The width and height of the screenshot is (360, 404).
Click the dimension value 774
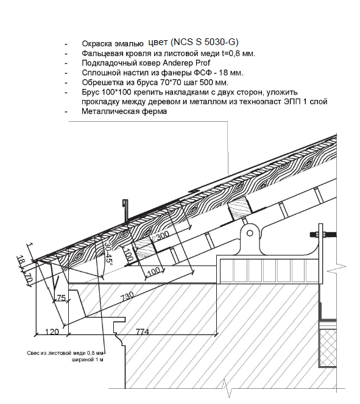(x=143, y=331)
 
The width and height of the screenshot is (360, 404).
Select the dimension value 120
(x=52, y=331)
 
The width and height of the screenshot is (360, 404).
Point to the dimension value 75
(x=61, y=298)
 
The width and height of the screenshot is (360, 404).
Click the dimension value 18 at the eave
(x=21, y=260)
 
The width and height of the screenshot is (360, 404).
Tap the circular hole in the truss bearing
(x=250, y=233)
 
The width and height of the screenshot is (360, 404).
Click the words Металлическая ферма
(x=124, y=112)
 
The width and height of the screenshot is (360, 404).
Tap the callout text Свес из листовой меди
(x=65, y=353)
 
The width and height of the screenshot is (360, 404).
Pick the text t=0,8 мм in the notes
(x=238, y=54)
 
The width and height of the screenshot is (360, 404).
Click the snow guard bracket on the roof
(x=125, y=211)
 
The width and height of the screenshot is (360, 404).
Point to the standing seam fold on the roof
(x=195, y=191)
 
